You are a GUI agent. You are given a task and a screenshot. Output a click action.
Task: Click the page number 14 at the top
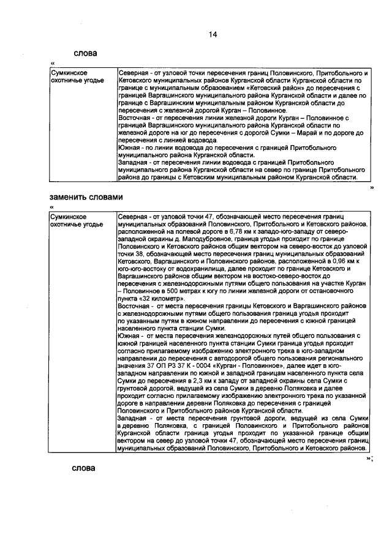pos(213,34)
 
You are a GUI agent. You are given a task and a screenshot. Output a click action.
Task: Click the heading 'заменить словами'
pos(86,197)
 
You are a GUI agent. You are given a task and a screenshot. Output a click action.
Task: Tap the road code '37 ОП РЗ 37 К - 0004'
pos(169,364)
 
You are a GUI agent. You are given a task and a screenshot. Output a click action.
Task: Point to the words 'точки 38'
pos(130,253)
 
